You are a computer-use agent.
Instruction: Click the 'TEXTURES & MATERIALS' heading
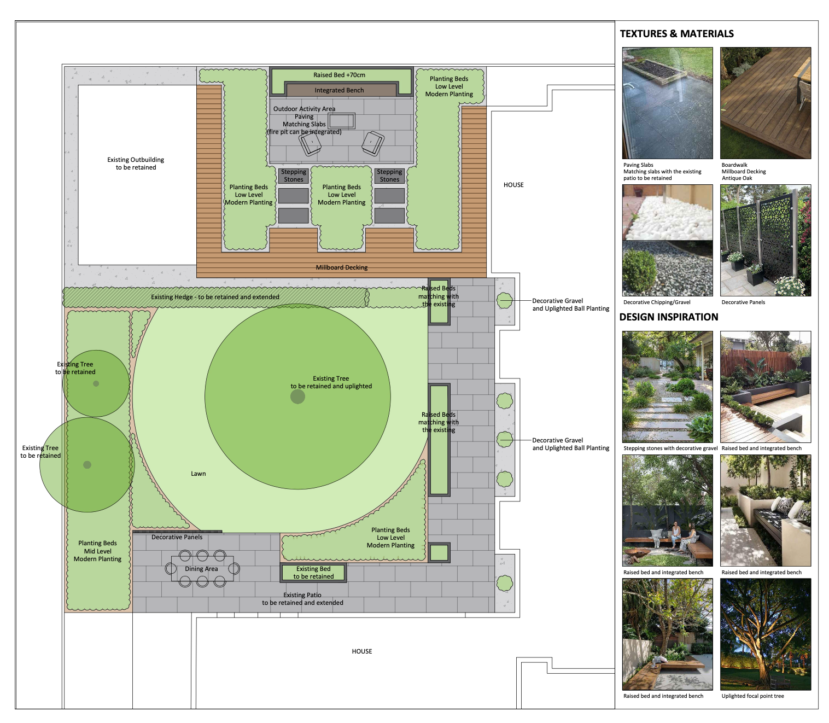coord(676,34)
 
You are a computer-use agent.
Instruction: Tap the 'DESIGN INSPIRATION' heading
coord(668,317)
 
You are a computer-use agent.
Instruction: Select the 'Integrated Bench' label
coord(339,90)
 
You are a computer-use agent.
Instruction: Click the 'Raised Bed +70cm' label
coord(339,75)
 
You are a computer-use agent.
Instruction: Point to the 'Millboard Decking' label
coord(341,267)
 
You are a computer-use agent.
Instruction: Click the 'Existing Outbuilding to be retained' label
coord(136,164)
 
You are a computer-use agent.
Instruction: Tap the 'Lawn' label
coord(198,474)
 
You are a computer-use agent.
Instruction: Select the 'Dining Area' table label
coord(201,569)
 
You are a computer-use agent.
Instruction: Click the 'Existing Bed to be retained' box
coord(313,573)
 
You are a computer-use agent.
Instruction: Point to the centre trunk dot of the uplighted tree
coord(297,397)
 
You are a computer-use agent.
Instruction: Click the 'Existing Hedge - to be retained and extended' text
coord(215,297)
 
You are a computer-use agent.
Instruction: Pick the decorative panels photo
coord(765,241)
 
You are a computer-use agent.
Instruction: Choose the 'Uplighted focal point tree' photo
coord(765,634)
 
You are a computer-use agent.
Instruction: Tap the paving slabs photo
coord(667,103)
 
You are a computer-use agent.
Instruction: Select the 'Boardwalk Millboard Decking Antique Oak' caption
coord(744,171)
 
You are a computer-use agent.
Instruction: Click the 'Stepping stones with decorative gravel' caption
coord(670,448)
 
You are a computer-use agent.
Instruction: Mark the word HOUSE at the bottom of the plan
coord(361,651)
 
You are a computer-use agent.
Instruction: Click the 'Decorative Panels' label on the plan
coord(177,537)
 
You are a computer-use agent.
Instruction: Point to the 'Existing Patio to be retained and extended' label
coord(302,599)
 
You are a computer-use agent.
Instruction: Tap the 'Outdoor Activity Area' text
coord(304,109)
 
